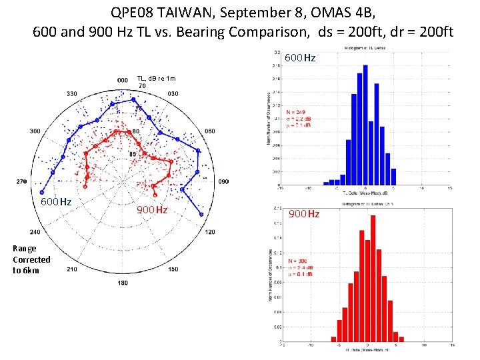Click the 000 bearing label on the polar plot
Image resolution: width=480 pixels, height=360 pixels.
pos(123,80)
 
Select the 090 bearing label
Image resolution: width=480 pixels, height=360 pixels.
pos(224,181)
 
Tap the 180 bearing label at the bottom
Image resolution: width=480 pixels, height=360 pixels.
pos(123,283)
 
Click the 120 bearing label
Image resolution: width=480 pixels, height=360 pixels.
pos(209,232)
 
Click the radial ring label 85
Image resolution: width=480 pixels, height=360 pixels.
pos(132,155)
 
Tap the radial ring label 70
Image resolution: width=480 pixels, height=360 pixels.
pos(142,86)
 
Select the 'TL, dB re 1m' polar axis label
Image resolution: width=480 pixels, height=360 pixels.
pos(156,78)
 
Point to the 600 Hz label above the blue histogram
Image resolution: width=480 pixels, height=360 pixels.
pos(300,59)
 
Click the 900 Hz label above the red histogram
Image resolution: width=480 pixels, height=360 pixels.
pos(304,214)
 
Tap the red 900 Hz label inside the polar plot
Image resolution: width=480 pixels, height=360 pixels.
pos(152,211)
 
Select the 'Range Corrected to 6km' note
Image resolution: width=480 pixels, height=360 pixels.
pos(31,259)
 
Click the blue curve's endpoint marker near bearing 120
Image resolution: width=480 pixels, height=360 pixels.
pos(201,215)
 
